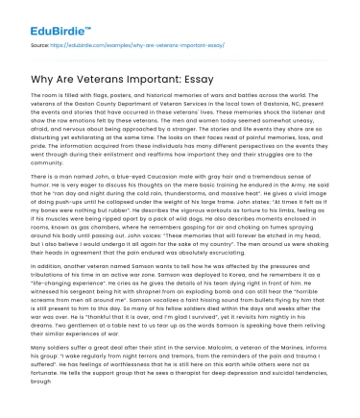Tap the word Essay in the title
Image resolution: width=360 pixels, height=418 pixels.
tap(217, 79)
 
